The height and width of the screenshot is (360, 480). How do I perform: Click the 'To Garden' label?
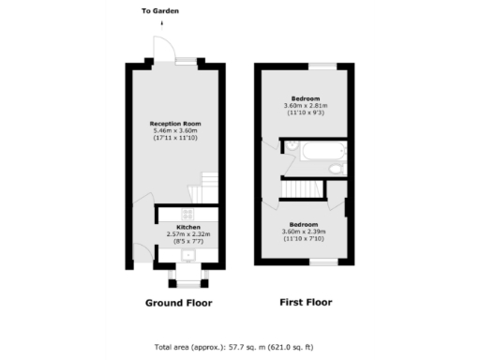tap(160, 11)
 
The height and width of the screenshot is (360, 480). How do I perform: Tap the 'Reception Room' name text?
tap(175, 124)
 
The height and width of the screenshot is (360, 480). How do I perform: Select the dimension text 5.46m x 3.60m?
tap(175, 131)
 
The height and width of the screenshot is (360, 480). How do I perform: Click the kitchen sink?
tap(187, 254)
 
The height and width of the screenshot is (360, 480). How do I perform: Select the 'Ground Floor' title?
tap(178, 303)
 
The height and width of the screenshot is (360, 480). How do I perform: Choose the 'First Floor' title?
tap(306, 303)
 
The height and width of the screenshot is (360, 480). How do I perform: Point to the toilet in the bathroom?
tap(337, 169)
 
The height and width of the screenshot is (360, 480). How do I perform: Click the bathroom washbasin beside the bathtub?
tap(290, 147)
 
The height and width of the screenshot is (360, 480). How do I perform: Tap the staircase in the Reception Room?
tap(204, 187)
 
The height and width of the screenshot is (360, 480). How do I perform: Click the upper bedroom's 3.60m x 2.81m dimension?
tap(306, 106)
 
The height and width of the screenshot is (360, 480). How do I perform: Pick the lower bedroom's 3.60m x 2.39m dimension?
tap(306, 232)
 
